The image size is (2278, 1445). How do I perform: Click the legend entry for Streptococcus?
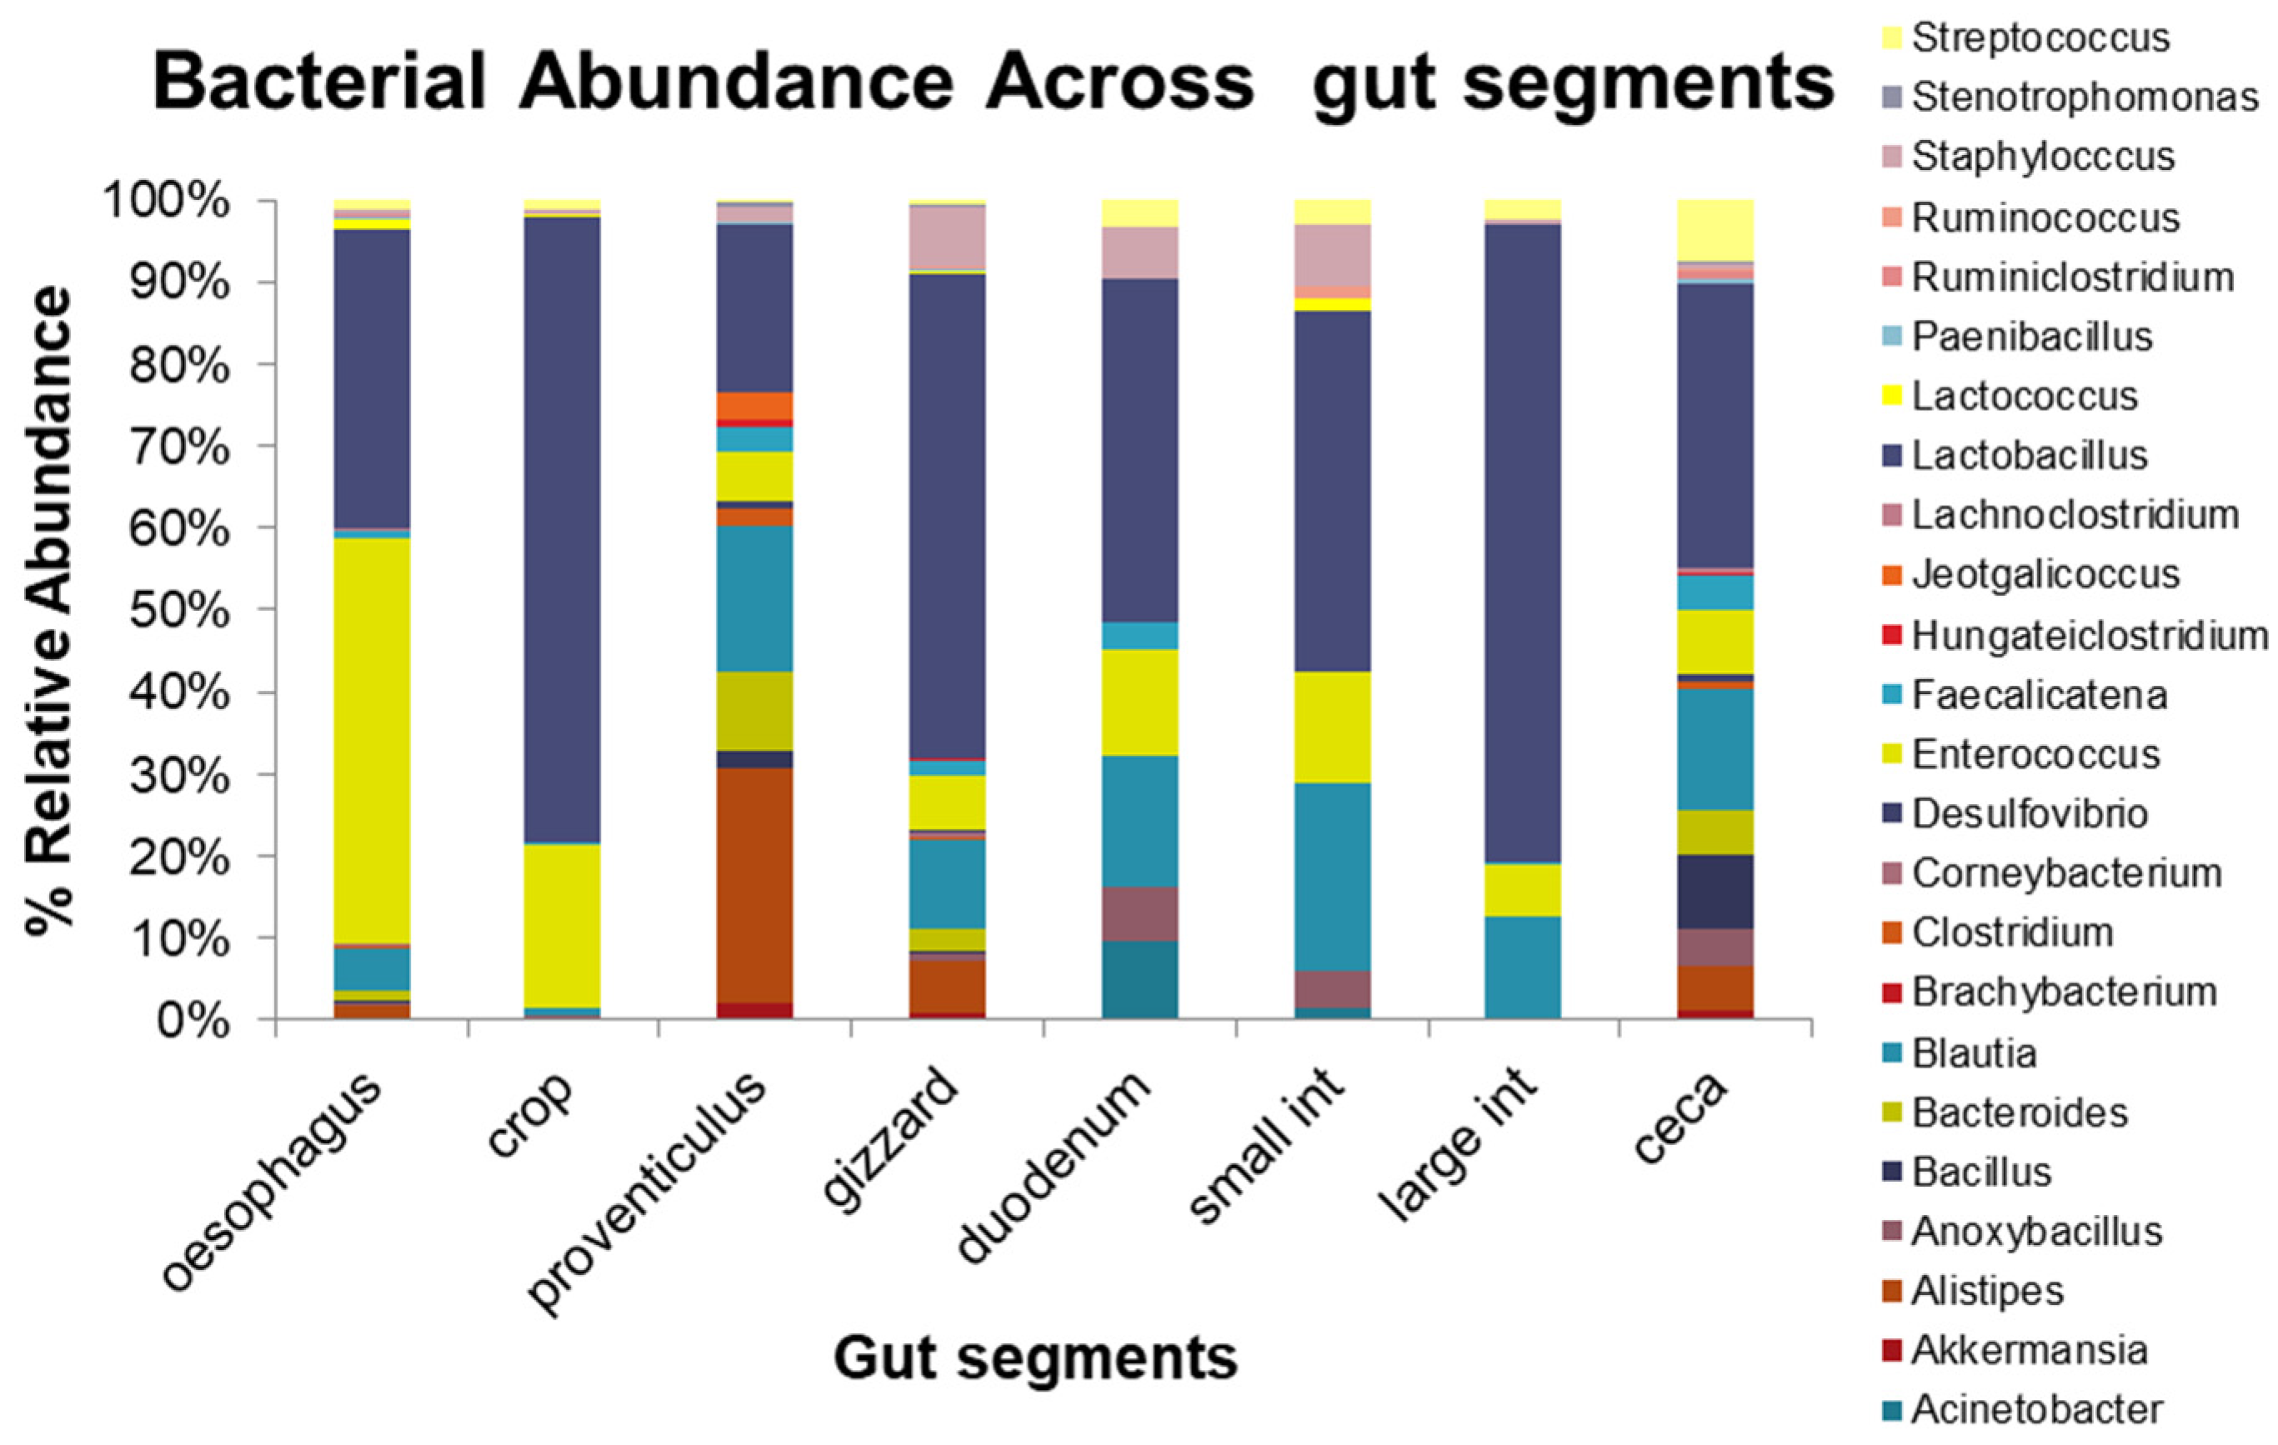point(2039,37)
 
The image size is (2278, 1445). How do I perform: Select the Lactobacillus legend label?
point(2030,455)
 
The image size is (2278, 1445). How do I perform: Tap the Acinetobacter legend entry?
point(2035,1409)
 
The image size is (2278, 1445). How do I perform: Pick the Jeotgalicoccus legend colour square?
point(1892,575)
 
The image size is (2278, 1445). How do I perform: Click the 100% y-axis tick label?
point(167,202)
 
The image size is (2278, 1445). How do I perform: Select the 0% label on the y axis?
point(193,1022)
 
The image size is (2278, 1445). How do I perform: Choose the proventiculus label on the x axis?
point(648,1192)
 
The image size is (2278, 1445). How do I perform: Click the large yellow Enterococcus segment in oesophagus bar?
point(372,737)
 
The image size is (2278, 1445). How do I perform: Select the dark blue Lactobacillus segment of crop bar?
point(562,529)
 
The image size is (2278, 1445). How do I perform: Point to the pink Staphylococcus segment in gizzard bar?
point(947,237)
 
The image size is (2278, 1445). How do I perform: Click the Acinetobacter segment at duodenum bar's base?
point(1140,979)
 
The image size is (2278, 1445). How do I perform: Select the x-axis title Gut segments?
point(1035,1358)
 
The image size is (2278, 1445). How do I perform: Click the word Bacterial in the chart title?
point(320,83)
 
